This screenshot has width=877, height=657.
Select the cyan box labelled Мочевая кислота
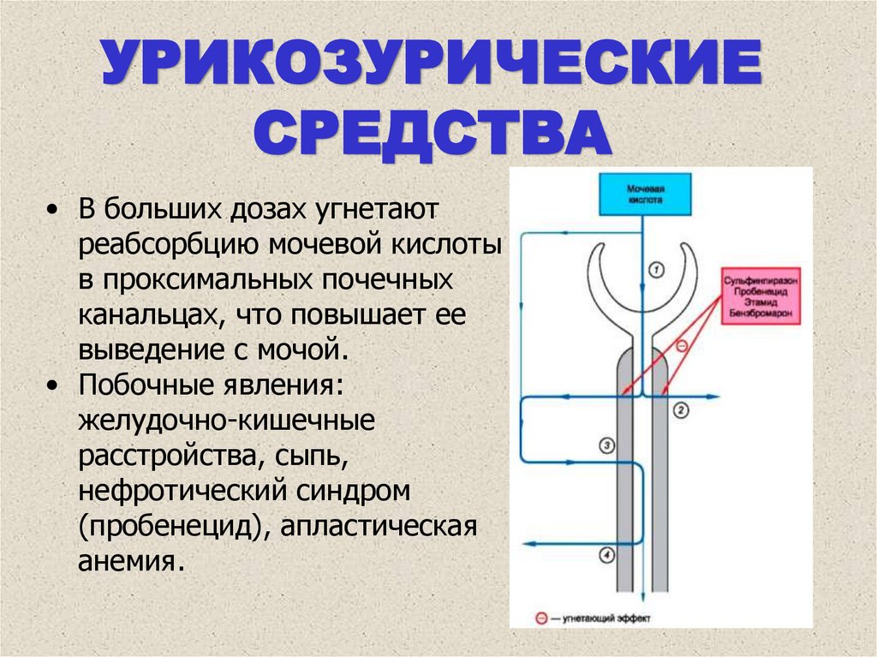(x=647, y=194)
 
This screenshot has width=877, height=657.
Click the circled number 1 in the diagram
(x=656, y=270)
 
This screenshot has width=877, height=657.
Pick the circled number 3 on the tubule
(x=606, y=445)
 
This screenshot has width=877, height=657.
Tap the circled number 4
(x=606, y=555)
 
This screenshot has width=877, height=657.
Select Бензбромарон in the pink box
(x=756, y=314)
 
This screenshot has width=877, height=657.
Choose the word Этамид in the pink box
(x=756, y=303)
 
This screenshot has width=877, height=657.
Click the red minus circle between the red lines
(x=682, y=346)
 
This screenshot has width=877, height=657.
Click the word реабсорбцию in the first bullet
(x=169, y=245)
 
